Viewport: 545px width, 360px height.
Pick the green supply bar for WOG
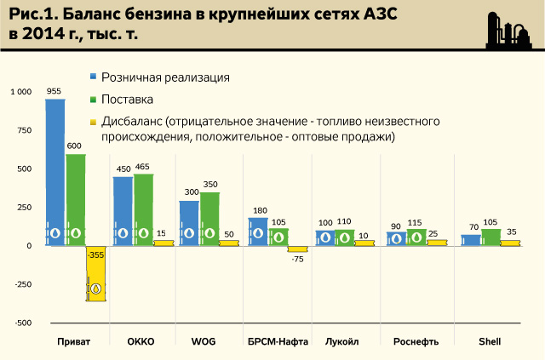[209, 220]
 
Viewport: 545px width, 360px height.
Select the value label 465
[142, 167]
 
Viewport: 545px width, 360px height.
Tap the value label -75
[297, 259]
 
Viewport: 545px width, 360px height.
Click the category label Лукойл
[342, 341]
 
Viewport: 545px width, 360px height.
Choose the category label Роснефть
[416, 341]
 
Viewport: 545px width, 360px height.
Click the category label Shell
[489, 341]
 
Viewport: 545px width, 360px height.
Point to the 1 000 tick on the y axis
[20, 92]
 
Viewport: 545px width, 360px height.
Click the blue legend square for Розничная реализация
[92, 77]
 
